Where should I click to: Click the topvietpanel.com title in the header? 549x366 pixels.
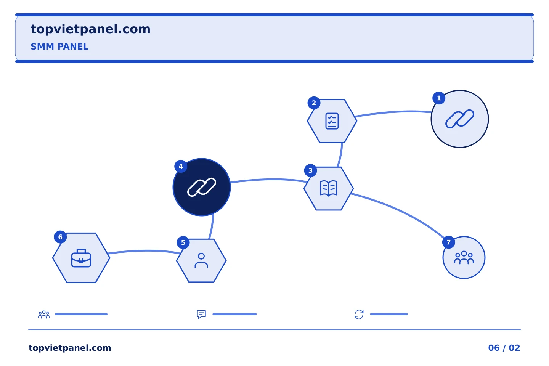90,29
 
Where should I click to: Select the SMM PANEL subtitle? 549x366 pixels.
59,47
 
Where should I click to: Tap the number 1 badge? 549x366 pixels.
439,98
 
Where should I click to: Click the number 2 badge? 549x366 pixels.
314,103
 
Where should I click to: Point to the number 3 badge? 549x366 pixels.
310,170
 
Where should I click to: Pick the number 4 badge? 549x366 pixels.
181,167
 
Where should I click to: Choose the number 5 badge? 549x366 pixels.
183,242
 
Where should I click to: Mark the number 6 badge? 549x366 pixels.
60,237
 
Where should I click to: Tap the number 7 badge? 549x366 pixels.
448,242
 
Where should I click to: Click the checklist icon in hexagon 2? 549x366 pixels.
332,121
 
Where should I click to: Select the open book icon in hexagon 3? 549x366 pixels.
329,188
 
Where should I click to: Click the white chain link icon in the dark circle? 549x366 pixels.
202,187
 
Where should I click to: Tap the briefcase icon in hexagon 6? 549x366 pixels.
81,258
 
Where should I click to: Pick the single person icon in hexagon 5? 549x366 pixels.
201,261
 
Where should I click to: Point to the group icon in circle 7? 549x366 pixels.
464,257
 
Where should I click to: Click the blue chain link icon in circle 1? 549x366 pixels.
460,119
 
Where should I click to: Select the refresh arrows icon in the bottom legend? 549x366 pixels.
359,315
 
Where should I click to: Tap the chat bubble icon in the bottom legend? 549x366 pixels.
201,315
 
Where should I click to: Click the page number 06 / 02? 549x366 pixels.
504,348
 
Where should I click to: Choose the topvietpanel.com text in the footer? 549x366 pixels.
70,348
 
